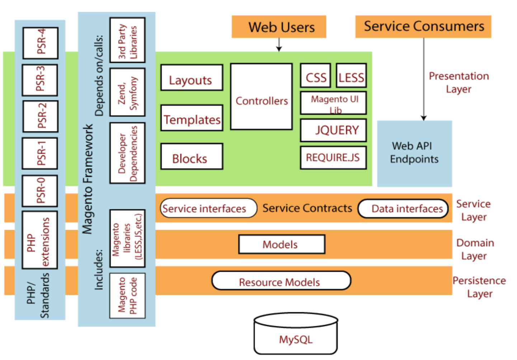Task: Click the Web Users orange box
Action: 279,27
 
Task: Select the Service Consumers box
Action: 423,27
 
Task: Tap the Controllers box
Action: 261,97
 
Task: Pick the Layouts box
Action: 192,78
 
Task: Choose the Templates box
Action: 192,118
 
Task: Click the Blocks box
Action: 192,156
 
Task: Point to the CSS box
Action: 316,76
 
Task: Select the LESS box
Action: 351,76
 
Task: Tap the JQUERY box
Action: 333,130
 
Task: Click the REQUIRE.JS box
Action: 333,158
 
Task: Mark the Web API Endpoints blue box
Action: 414,153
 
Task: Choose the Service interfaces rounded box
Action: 208,209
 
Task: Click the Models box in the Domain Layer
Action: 282,244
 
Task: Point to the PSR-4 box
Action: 41,43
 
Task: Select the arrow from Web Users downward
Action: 279,45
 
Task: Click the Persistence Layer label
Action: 479,287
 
